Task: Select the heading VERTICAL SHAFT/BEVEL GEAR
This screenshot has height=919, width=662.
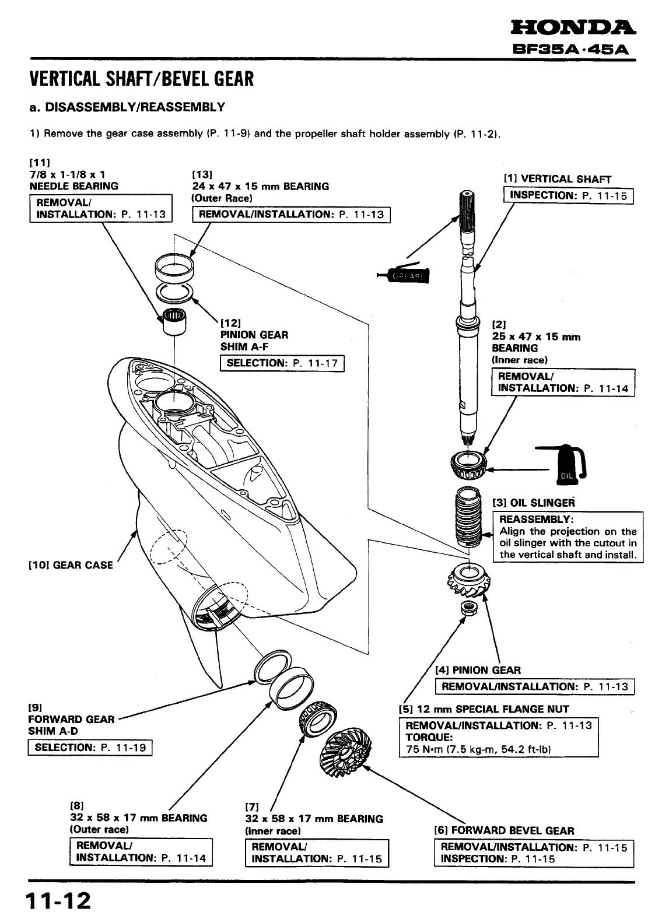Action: (x=142, y=78)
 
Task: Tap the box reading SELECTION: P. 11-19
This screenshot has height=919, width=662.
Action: (x=90, y=748)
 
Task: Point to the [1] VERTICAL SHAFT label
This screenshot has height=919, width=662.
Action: (x=557, y=179)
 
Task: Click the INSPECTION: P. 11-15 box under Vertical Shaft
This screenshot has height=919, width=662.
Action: (x=568, y=195)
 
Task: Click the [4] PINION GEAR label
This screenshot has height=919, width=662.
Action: (x=478, y=670)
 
